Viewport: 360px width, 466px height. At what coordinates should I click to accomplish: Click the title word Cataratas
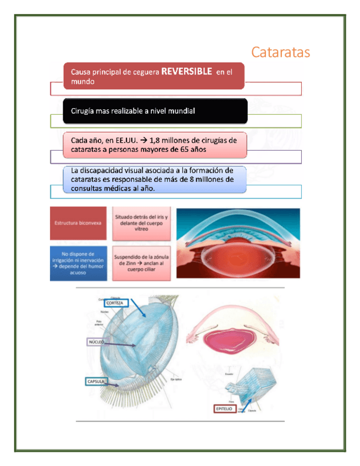280,53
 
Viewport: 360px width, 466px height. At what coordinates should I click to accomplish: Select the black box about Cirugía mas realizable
155,111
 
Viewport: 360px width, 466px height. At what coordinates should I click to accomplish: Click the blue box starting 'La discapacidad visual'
155,180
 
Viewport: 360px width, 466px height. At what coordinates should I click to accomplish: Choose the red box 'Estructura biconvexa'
77,224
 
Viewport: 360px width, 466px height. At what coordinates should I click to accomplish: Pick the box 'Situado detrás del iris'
142,224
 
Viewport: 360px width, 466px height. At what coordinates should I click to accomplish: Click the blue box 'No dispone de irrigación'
77,263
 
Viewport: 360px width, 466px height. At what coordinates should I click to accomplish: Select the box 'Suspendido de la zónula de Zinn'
142,263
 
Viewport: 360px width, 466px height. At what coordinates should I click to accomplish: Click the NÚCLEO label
96,342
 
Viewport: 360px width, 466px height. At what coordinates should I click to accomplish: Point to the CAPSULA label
97,380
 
